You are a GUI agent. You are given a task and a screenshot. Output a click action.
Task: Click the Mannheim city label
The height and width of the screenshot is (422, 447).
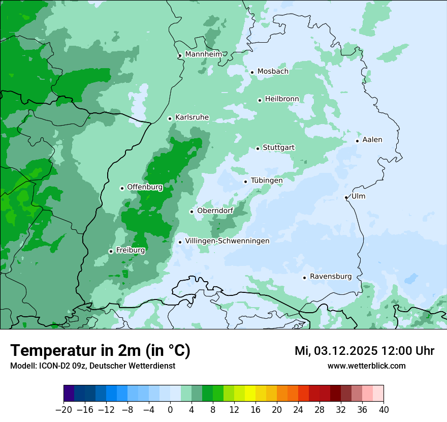pos(203,54)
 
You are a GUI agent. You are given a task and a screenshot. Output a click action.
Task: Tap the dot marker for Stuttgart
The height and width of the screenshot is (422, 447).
pos(258,148)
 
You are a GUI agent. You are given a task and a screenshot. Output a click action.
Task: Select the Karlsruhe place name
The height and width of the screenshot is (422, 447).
pos(192,117)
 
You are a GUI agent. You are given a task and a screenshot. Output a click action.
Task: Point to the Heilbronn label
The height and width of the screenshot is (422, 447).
pos(282,99)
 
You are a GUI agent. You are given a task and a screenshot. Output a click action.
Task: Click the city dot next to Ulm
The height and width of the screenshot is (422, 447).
pos(346,197)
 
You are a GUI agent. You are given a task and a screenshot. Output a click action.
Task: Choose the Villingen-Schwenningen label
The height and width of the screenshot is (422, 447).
pos(227,241)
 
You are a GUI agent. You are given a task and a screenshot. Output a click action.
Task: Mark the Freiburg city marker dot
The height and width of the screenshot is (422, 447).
pos(111,251)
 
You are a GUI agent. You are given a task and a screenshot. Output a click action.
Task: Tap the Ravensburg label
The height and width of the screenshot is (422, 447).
pos(331,277)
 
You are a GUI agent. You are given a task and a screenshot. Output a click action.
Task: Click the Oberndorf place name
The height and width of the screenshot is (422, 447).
pos(215,211)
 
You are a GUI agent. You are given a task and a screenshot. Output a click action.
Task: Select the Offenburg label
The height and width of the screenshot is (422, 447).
pos(145,187)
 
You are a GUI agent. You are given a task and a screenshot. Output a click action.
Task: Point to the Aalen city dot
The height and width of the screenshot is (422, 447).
pos(358,141)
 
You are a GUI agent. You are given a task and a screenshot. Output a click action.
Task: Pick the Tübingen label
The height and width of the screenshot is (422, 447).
pos(267,180)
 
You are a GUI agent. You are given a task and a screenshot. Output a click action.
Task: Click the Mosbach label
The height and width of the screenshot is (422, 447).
pos(273,72)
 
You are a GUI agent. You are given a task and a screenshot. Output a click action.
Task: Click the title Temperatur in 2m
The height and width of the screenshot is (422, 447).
pos(100,351)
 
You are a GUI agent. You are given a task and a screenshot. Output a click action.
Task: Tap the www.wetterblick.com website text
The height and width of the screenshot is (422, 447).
pos(366,366)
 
